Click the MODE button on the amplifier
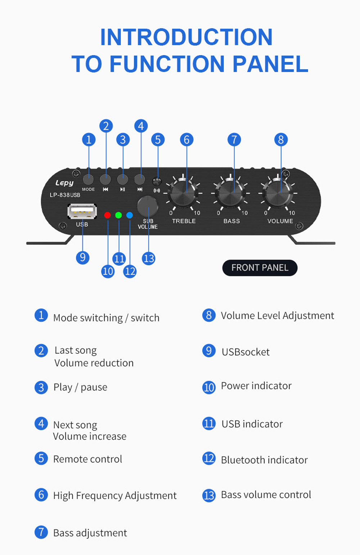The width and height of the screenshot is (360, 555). click(x=88, y=179)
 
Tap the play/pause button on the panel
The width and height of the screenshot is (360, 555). click(x=122, y=179)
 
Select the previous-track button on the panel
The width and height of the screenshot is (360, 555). click(x=105, y=179)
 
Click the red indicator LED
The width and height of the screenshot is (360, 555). click(x=108, y=215)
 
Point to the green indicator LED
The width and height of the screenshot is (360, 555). click(x=118, y=215)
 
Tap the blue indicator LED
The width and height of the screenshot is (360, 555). click(x=129, y=215)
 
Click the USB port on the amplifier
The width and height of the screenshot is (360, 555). click(x=82, y=211)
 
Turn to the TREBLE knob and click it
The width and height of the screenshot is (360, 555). click(x=183, y=193)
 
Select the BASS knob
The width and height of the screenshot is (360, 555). click(x=231, y=193)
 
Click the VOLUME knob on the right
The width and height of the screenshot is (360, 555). click(x=278, y=193)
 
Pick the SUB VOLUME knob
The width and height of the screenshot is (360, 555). click(x=148, y=206)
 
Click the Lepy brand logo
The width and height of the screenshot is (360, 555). click(x=64, y=183)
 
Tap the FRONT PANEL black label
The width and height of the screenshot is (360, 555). click(x=260, y=268)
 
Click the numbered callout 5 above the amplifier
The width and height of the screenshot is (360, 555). click(x=158, y=140)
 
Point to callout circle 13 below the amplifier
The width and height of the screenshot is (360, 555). click(x=149, y=259)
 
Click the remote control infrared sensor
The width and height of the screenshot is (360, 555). click(x=157, y=182)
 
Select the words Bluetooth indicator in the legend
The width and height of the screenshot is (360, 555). click(x=264, y=460)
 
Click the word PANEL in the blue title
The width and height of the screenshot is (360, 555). click(x=271, y=64)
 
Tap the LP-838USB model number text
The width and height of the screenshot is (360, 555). click(x=65, y=195)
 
